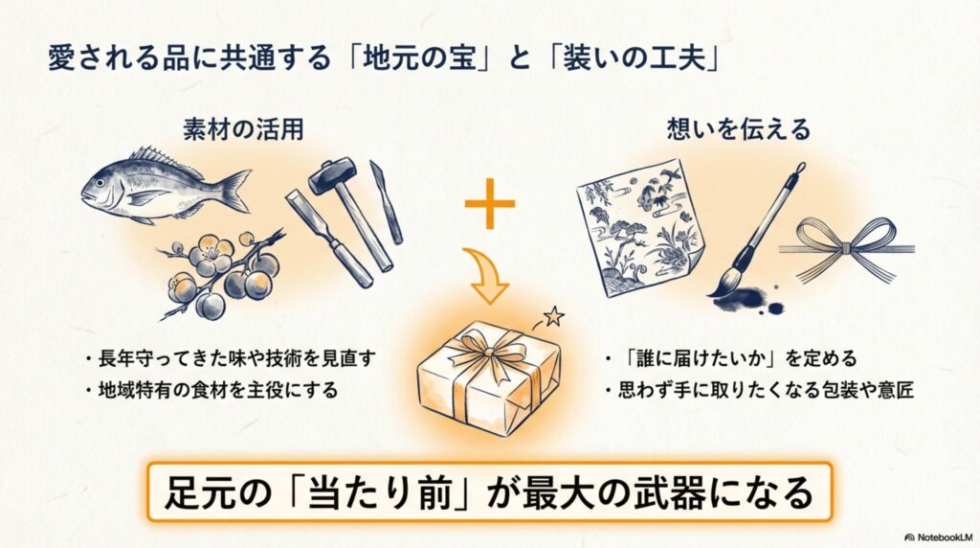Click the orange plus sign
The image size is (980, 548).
[490, 203]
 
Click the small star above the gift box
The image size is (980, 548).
[553, 316]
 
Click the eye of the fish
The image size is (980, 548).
[100, 183]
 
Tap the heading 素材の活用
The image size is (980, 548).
[243, 130]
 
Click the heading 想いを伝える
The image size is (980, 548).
[738, 129]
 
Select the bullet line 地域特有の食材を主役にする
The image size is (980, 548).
[218, 390]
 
